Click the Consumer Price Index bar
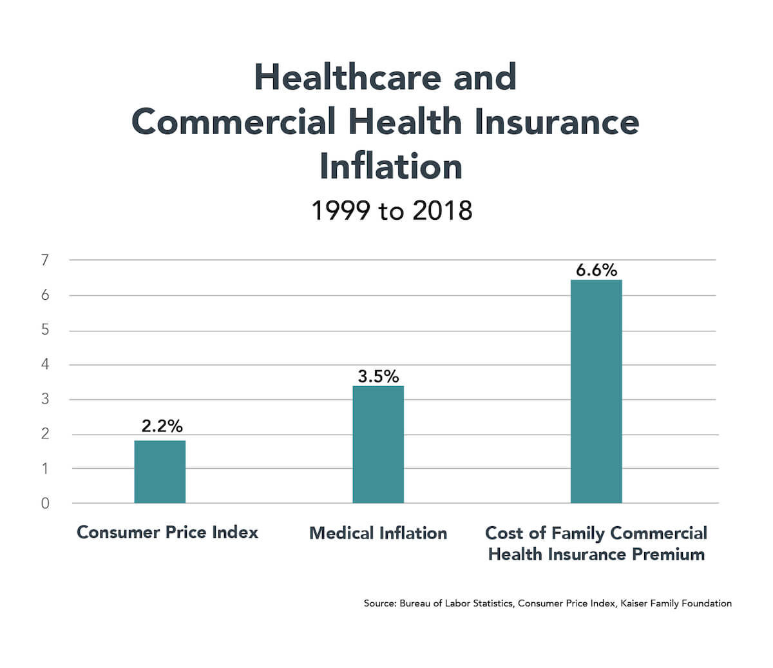pyautogui.click(x=160, y=472)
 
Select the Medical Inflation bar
pyautogui.click(x=378, y=444)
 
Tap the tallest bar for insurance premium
pyautogui.click(x=596, y=391)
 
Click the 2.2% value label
pyautogui.click(x=162, y=426)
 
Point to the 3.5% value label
pyautogui.click(x=378, y=376)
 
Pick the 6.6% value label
pyautogui.click(x=596, y=270)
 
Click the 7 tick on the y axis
pyautogui.click(x=45, y=260)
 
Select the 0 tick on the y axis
pyautogui.click(x=45, y=504)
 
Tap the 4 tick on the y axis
pyautogui.click(x=45, y=365)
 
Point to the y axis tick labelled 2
pyautogui.click(x=45, y=434)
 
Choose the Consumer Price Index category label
pyautogui.click(x=167, y=533)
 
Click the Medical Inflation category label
pyautogui.click(x=378, y=533)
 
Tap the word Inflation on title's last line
pyautogui.click(x=391, y=166)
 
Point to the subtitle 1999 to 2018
pyautogui.click(x=392, y=211)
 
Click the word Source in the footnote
pyautogui.click(x=379, y=604)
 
